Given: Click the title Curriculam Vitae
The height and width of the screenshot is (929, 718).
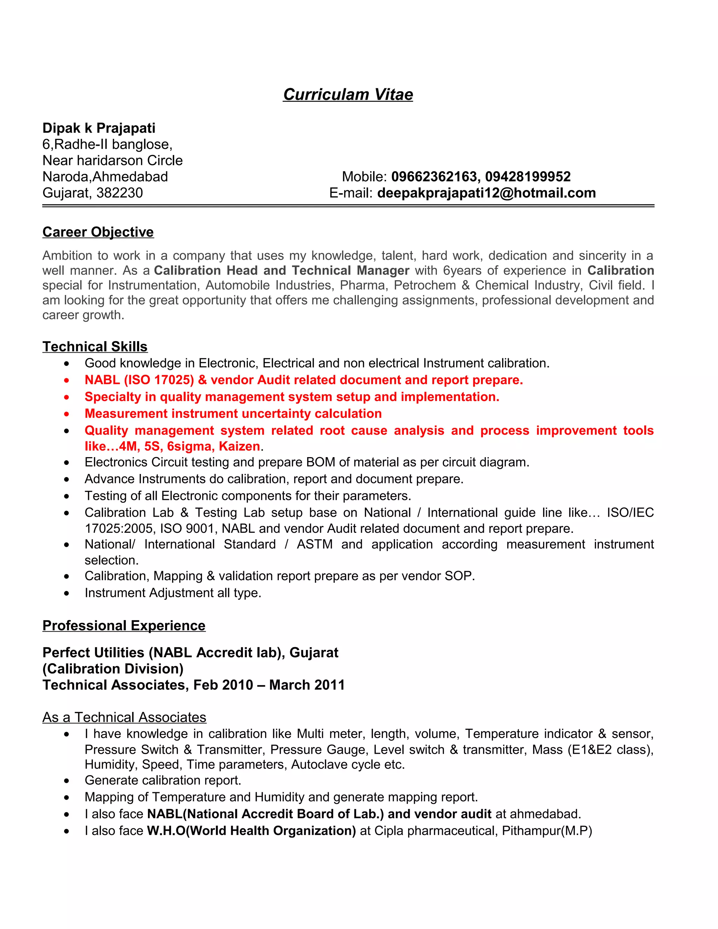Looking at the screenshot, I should [348, 94].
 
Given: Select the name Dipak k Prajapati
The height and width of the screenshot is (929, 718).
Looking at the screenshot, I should [99, 128].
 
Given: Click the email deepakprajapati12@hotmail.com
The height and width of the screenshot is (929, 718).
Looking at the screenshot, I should [486, 193].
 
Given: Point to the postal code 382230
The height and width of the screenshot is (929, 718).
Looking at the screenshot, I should [120, 193].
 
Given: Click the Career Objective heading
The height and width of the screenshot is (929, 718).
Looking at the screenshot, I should [98, 232].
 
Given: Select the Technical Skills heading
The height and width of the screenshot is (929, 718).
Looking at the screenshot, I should [95, 347].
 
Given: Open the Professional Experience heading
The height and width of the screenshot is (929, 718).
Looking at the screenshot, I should [124, 625].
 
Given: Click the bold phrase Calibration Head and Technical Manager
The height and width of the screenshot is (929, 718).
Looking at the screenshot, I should [281, 271].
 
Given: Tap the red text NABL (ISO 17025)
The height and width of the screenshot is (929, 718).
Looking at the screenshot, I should [139, 380].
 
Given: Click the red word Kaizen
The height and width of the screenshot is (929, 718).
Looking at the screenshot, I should [239, 446].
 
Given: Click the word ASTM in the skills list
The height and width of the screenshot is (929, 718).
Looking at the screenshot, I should [314, 544].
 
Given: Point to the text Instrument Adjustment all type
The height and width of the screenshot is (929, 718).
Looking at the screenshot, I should [173, 593].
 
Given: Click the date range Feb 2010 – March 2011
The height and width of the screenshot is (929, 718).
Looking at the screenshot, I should [269, 685].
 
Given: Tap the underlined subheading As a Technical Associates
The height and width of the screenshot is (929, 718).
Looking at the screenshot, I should [124, 717].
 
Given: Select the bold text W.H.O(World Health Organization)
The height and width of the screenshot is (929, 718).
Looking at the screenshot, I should [251, 831].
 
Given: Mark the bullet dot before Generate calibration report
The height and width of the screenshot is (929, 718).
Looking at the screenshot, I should [66, 781].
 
